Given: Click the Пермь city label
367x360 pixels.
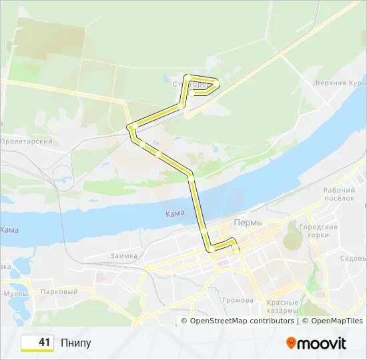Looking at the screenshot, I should coord(248,222).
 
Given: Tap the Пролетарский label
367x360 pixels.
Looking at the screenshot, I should coord(27,141).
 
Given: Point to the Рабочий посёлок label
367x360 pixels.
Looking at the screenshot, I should coord(340,194).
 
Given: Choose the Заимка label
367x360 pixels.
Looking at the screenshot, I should coord(124,255).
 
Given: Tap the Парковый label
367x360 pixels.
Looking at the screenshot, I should coord(59,292).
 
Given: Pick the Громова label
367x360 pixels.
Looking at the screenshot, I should coord(238,300).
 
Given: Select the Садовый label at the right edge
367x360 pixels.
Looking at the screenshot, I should coord(352,258).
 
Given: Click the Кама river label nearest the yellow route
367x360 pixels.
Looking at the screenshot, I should coord(174,213).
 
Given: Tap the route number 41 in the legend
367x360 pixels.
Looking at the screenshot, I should coord(44,343).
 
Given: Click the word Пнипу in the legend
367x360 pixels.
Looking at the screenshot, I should coord(75,343).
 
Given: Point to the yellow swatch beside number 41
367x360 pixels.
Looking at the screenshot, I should coord(27,343).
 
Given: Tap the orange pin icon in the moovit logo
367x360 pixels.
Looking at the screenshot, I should coord(291,343).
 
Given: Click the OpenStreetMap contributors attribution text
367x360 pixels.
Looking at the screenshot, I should coord(242,321).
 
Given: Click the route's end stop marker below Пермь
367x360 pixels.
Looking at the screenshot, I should coord(236,251).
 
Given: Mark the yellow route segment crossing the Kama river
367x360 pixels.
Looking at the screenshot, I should coord(198,207).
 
